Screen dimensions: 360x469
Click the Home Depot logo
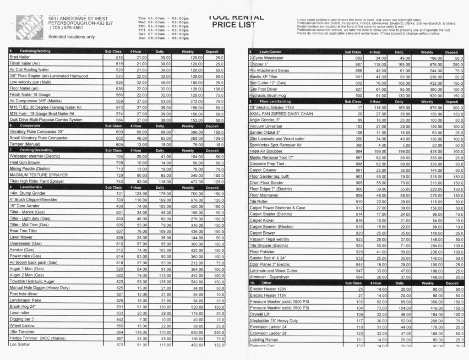tap(30, 27)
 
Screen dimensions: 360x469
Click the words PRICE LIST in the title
tap(234, 25)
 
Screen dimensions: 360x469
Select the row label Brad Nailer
tap(20, 57)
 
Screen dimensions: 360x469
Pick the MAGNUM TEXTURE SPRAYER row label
tap(38, 175)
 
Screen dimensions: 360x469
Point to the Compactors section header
tap(31, 125)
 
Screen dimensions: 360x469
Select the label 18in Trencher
tap(22, 332)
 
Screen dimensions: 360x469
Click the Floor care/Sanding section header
tap(275, 101)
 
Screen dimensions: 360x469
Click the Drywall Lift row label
tap(261, 314)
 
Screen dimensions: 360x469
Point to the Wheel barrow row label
tap(22, 325)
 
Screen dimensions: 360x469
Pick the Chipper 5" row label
tap(259, 64)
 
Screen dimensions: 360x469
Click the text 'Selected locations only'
tap(71, 36)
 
